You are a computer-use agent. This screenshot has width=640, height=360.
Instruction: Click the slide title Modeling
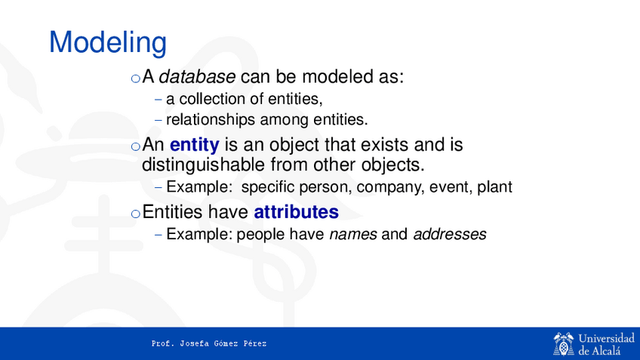108,43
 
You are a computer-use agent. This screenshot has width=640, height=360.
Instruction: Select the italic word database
197,77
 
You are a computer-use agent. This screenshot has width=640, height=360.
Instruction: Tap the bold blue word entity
194,146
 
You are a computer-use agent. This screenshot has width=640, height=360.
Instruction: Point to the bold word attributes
297,212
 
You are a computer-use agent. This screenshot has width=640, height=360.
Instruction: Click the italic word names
353,234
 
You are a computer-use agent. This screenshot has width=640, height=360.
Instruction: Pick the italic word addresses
450,234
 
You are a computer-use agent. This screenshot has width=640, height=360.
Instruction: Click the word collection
215,99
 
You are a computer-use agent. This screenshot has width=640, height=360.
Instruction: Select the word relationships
211,120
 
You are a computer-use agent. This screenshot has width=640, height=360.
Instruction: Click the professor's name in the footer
209,343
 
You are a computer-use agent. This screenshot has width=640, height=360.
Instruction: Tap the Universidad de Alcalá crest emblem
564,344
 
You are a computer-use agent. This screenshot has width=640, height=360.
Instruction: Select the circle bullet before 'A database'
136,78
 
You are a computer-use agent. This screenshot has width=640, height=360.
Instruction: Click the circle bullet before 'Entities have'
136,214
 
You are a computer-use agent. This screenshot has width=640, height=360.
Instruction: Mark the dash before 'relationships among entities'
158,121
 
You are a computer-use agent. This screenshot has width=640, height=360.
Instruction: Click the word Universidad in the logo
607,338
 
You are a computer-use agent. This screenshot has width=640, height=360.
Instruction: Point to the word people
261,235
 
